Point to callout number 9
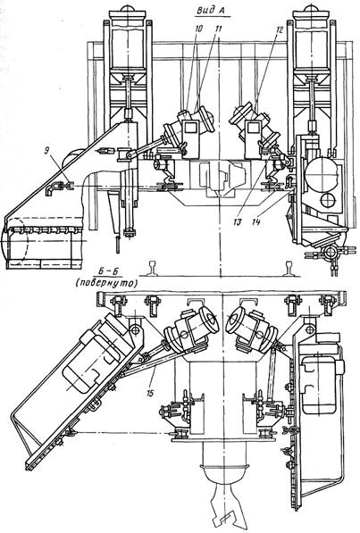[x=46, y=150]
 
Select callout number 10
[x=198, y=29]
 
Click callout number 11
[x=218, y=29]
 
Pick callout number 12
[x=279, y=29]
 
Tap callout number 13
[x=237, y=222]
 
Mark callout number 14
[x=256, y=222]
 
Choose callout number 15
[x=150, y=393]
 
